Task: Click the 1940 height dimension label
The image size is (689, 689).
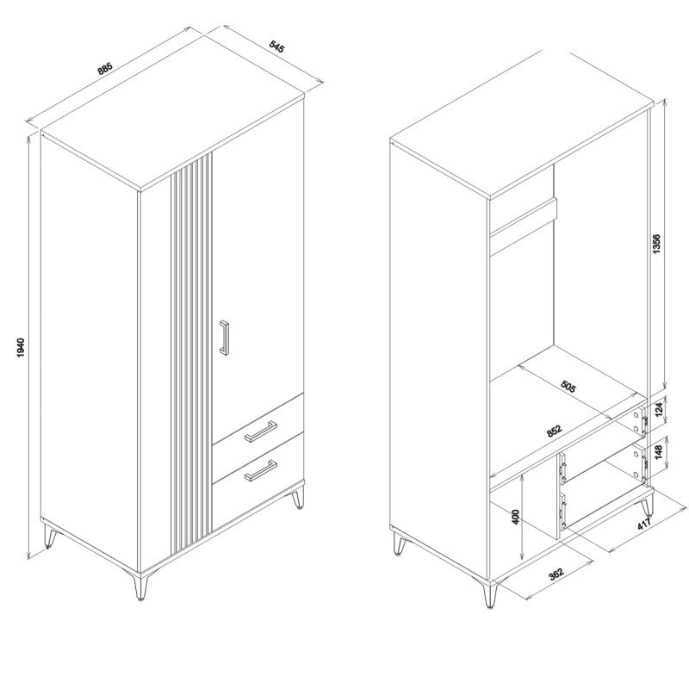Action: click(x=21, y=347)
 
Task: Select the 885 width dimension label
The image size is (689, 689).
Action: click(x=105, y=69)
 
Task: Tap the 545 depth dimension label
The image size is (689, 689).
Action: click(x=276, y=47)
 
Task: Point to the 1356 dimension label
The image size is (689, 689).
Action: click(x=656, y=245)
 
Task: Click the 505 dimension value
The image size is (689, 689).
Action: click(x=568, y=386)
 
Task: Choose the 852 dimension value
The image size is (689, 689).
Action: click(x=554, y=431)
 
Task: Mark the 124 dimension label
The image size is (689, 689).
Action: click(x=658, y=410)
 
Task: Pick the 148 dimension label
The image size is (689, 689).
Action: click(x=658, y=452)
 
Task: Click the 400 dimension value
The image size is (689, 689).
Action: click(x=516, y=517)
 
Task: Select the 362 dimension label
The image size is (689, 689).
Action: click(x=556, y=574)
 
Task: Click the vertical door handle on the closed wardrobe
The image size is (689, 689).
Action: click(x=224, y=338)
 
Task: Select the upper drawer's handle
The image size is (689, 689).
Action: click(x=261, y=431)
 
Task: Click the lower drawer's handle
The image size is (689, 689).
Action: click(x=261, y=470)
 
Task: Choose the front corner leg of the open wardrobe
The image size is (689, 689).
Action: click(x=490, y=594)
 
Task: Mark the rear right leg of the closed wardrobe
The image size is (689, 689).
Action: click(x=298, y=498)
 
